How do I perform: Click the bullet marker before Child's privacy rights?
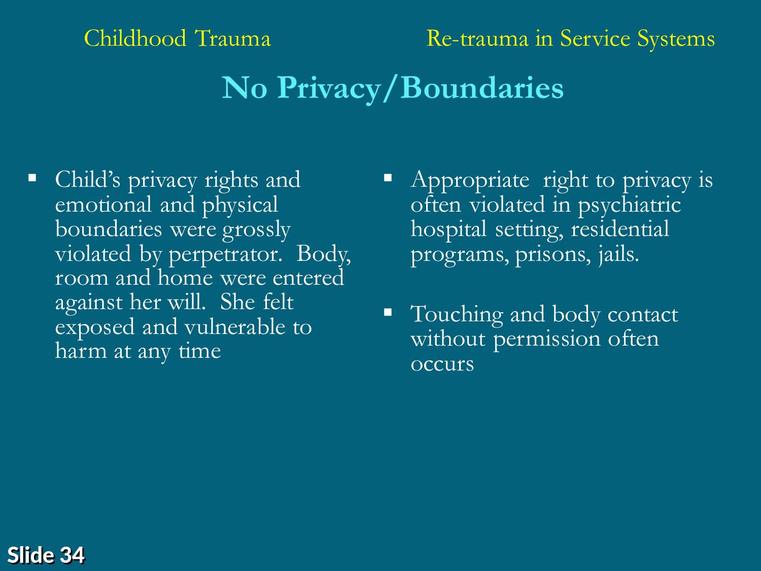pyautogui.click(x=32, y=178)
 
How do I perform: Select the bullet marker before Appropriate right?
pyautogui.click(x=388, y=178)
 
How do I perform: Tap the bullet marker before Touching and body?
pyautogui.click(x=388, y=312)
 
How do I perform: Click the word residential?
pyautogui.click(x=620, y=229)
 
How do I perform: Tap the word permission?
pyautogui.click(x=547, y=340)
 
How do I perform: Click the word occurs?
pyautogui.click(x=442, y=364)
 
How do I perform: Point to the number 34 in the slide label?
pyautogui.click(x=72, y=555)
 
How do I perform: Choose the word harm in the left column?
pyautogui.click(x=81, y=351)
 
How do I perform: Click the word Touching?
pyautogui.click(x=457, y=315)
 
